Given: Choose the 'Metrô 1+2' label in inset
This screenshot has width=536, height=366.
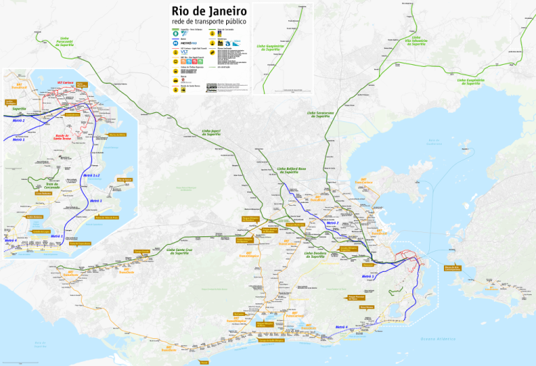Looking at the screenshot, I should tap(92, 176).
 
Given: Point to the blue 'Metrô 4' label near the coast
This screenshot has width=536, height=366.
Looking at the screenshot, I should tap(341, 327).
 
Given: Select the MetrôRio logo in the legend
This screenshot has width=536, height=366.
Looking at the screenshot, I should tap(188, 43).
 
